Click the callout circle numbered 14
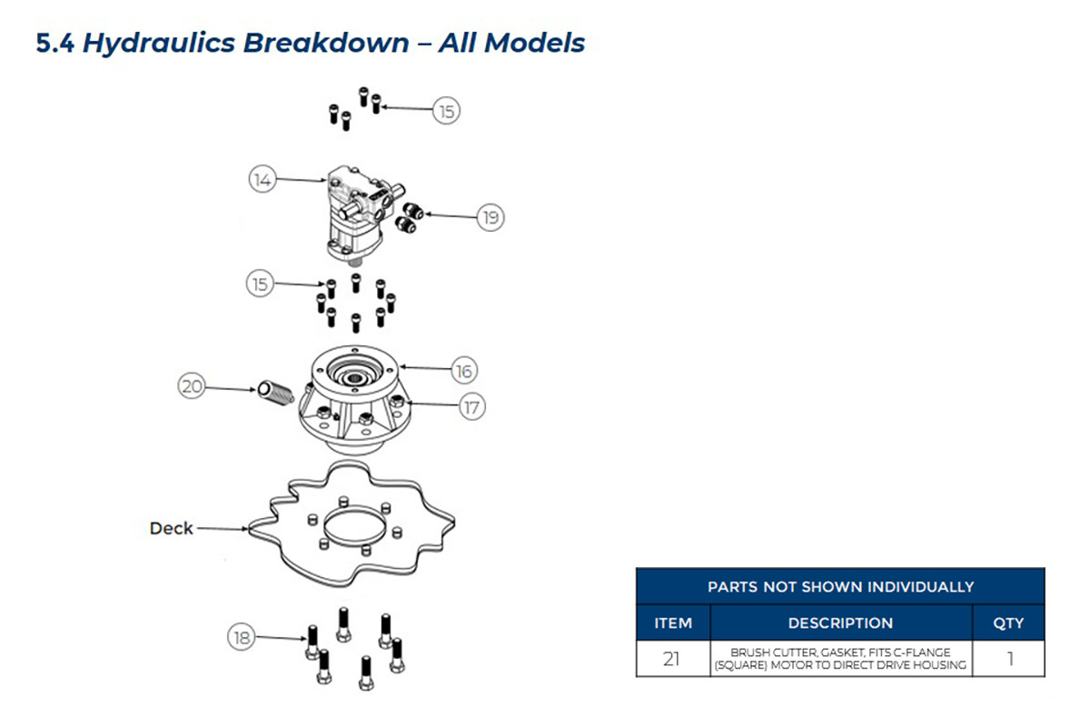[x=263, y=179]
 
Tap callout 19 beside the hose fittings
[x=490, y=217]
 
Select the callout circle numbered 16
[x=464, y=371]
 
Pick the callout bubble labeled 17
[x=472, y=407]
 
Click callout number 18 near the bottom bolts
[x=242, y=637]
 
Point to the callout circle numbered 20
[x=192, y=386]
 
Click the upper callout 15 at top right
[x=447, y=111]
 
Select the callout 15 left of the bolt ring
[x=261, y=284]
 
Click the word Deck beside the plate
[x=172, y=528]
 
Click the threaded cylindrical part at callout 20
[x=275, y=392]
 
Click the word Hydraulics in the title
[x=159, y=43]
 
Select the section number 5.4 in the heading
[x=55, y=43]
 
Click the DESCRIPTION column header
[x=840, y=622]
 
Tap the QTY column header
[x=1008, y=622]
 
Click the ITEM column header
[x=673, y=622]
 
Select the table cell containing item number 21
[x=673, y=658]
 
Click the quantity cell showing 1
[x=1009, y=658]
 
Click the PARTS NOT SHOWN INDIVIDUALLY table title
[x=840, y=587]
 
